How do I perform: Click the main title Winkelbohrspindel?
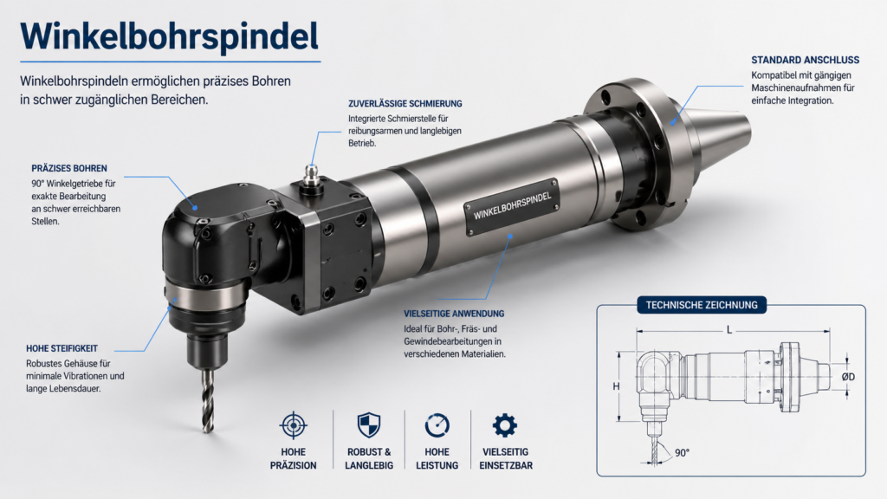pos(169,36)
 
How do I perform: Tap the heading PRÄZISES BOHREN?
pos(69,168)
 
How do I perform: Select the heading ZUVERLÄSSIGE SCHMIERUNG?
pos(405,104)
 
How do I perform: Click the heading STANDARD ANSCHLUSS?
pos(805,60)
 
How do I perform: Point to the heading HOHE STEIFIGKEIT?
pos(62,348)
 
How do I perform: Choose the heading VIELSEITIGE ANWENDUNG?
pos(454,314)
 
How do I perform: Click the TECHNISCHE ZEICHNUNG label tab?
pos(702,305)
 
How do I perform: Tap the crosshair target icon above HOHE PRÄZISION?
pos(293,425)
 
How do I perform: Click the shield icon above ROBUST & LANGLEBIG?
pos(369,424)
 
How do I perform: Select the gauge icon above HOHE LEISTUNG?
pos(437,425)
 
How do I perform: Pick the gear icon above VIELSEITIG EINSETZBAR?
pos(505,424)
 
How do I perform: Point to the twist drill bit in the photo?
pos(208,400)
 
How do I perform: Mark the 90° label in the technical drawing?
pos(682,452)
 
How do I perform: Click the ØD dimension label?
pos(848,377)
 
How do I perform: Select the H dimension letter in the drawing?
pos(616,386)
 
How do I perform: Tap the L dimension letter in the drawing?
pos(729,330)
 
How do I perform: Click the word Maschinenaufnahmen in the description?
pos(803,87)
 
